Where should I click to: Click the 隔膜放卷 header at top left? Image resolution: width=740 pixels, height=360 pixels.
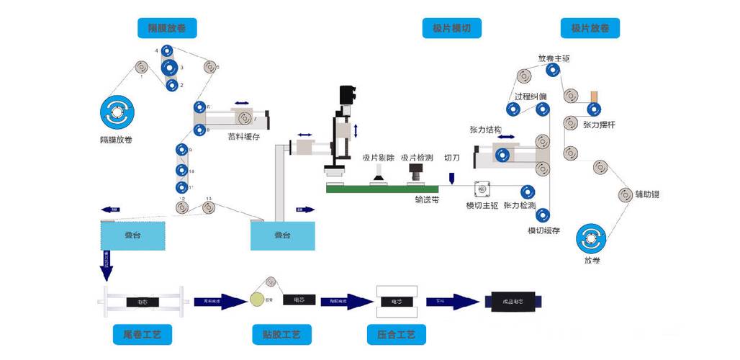point(167,28)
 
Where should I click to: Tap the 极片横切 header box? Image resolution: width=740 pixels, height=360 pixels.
point(451,28)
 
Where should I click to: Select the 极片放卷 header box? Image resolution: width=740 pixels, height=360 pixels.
point(590,28)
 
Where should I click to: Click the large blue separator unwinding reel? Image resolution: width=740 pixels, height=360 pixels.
point(117,112)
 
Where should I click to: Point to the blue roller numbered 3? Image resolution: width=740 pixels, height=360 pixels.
point(171,68)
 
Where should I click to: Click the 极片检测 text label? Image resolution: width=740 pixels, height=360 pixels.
point(417,158)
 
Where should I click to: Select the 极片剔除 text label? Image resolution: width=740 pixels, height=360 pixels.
point(377,158)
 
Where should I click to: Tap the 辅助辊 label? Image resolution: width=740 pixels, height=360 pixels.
point(648,194)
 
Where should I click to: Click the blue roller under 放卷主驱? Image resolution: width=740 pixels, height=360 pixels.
point(553,71)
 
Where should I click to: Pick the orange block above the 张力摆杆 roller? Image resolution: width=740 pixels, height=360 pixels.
point(594,96)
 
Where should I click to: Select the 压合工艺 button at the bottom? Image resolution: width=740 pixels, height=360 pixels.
point(396,335)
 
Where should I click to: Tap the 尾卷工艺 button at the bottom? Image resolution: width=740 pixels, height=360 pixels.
point(143,335)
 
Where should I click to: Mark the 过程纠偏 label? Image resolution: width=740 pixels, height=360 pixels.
point(530,96)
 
